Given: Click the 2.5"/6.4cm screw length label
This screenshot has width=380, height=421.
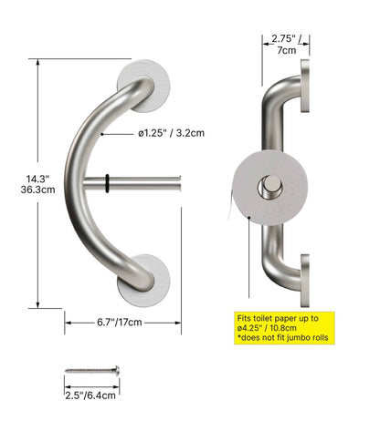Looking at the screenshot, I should (x=91, y=396).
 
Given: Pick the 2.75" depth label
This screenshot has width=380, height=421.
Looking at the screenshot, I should (x=285, y=39).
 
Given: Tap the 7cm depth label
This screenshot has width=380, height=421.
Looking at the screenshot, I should (x=286, y=52).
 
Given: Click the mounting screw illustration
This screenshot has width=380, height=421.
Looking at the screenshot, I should (x=91, y=372).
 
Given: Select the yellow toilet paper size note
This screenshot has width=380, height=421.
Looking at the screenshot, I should (x=283, y=326).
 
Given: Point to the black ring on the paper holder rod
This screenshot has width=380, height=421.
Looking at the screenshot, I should (x=108, y=181).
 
